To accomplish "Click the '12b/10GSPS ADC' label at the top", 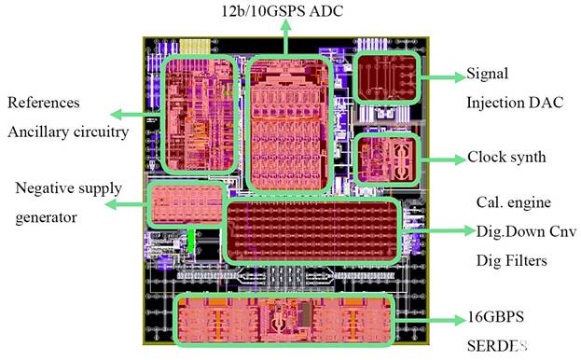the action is [282, 10].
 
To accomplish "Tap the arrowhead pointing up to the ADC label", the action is [285, 26].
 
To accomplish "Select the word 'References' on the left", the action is [44, 103].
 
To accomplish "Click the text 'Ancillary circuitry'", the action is [68, 132].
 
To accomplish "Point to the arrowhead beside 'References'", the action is [117, 115].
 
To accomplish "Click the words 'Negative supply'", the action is [69, 188].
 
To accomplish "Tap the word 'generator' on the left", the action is [47, 217].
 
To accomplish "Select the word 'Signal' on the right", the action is [487, 74].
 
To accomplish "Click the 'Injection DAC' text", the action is [515, 103].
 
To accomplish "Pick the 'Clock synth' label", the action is [506, 157].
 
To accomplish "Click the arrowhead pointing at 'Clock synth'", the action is [460, 159].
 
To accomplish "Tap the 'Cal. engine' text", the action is [514, 202].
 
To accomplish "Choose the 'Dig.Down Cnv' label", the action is [527, 231].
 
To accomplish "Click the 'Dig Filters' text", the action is [512, 260].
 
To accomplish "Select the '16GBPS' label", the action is [496, 317].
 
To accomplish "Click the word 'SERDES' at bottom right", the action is [497, 346].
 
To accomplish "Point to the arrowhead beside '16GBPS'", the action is [460, 320].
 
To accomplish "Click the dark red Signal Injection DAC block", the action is [386, 77].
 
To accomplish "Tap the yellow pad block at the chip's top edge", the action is [195, 47].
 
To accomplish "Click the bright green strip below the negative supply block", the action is [190, 240].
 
